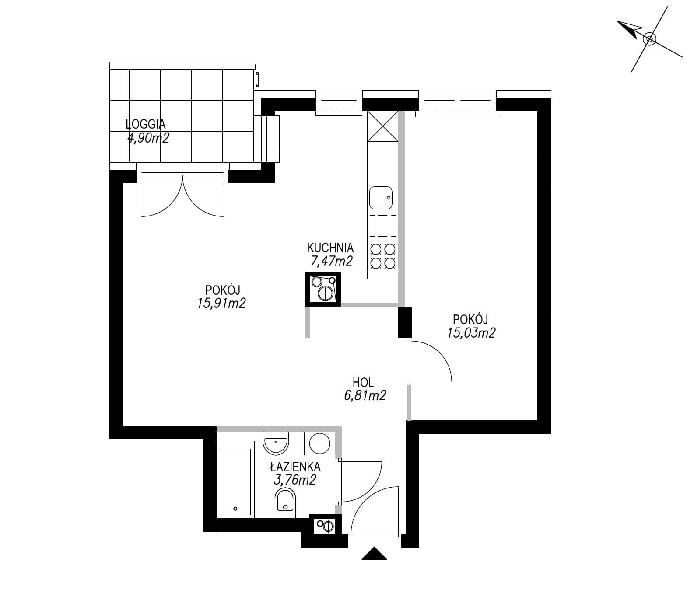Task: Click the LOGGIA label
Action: pos(145,124)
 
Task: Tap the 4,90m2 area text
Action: pos(148,138)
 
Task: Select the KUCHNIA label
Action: pos(330,248)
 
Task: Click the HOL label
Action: pos(363,383)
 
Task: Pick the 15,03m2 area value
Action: pos(471,333)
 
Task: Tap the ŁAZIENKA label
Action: pos(295,467)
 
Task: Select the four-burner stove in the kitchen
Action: pos(383,255)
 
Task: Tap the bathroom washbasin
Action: pos(276,443)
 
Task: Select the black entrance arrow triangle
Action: pos(375,555)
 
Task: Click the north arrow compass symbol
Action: pos(649,39)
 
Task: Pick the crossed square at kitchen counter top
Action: pos(383,126)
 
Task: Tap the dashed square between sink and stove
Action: pos(383,226)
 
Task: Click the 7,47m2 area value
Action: pos(330,262)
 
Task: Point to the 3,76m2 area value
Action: pos(294,480)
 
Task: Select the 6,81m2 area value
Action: pos(365,396)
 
